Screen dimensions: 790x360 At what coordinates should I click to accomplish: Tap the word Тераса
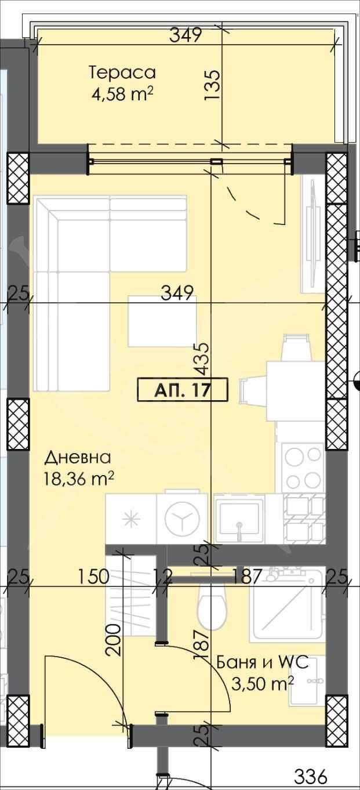point(122,73)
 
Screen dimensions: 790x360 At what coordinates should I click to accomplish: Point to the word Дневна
point(78,458)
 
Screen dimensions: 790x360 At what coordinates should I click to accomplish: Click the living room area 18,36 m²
point(78,479)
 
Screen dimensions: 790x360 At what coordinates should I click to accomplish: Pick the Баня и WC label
point(257,662)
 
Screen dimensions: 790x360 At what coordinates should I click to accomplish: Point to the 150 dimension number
point(94,577)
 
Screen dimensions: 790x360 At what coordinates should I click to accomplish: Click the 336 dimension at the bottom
point(311,776)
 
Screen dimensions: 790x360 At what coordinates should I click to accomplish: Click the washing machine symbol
point(182,519)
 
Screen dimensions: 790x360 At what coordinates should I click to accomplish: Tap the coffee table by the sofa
point(162,320)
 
